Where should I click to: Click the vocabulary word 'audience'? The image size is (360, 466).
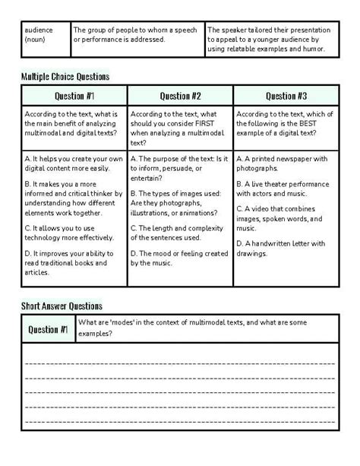coord(39,30)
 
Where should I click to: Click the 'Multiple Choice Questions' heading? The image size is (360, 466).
coord(65,76)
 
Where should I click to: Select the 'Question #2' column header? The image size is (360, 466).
coord(180,96)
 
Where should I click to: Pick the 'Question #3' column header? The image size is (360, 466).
coord(286,96)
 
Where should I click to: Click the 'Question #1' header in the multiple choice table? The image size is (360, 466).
coord(74,96)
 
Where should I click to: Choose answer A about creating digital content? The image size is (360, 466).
coord(73,163)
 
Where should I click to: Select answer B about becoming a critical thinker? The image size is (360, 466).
coord(74,199)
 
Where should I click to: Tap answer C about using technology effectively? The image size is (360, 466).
coord(73,232)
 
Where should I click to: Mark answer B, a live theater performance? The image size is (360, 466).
coord(285,189)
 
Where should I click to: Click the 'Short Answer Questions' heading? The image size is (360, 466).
coord(62,306)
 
